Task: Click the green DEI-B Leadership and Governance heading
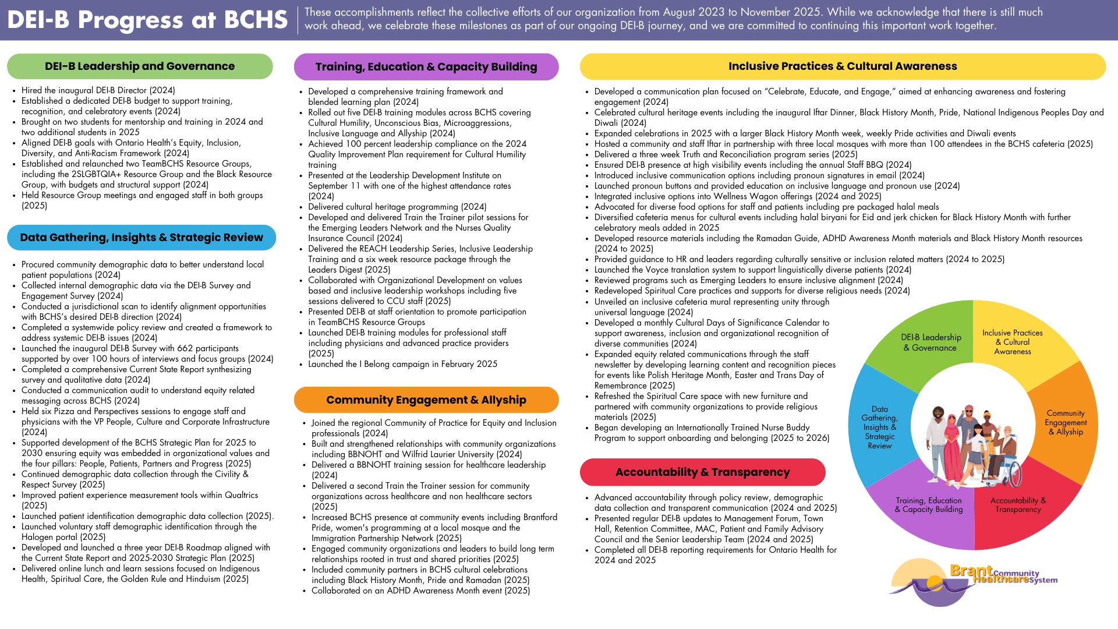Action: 140,66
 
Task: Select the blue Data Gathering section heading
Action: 141,238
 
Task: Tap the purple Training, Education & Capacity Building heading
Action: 426,67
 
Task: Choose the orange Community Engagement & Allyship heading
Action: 426,400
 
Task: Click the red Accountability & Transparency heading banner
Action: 702,472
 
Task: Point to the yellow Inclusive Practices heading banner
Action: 843,66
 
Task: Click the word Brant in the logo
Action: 971,570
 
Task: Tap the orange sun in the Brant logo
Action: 934,582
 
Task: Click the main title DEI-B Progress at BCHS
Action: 147,20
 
